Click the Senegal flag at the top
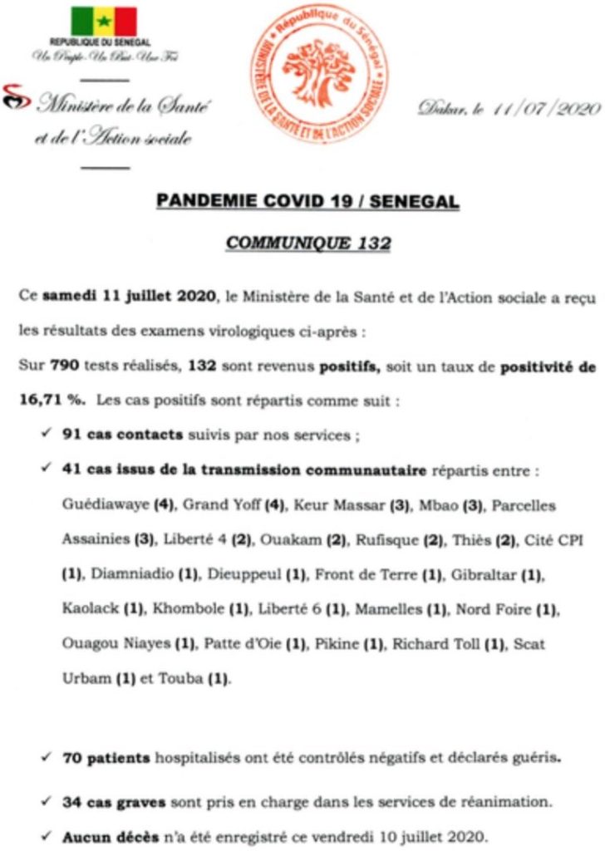click(103, 21)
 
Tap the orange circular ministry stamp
click(320, 76)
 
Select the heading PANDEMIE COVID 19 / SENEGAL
click(307, 202)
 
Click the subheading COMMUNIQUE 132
click(308, 244)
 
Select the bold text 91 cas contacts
click(114, 435)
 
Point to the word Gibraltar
click(480, 574)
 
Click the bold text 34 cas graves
click(115, 804)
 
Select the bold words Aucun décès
click(109, 837)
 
